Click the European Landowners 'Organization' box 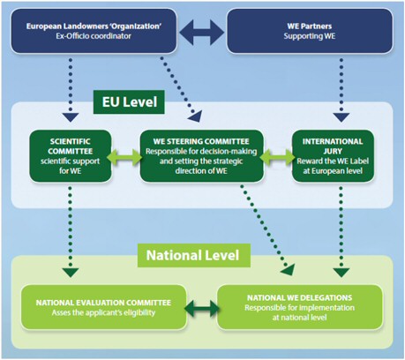(x=94, y=31)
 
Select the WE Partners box (x=310, y=31)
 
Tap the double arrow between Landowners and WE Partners (x=201, y=32)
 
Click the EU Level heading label (x=129, y=102)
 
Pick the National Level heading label (x=194, y=255)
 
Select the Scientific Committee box (x=71, y=156)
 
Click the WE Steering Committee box (x=201, y=156)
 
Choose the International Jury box (x=333, y=156)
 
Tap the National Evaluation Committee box (x=103, y=307)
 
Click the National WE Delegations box (x=300, y=307)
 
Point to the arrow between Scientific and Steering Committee (x=125, y=157)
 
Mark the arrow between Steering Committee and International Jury (x=277, y=157)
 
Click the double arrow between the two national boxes (x=202, y=308)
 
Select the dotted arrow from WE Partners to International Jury (x=341, y=90)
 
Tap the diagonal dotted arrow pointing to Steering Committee (x=181, y=89)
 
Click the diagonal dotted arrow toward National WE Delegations (x=267, y=230)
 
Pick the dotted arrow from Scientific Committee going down (x=71, y=231)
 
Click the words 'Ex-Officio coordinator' (x=94, y=36)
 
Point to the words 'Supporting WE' (x=310, y=36)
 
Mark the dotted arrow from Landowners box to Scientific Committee (x=71, y=90)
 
